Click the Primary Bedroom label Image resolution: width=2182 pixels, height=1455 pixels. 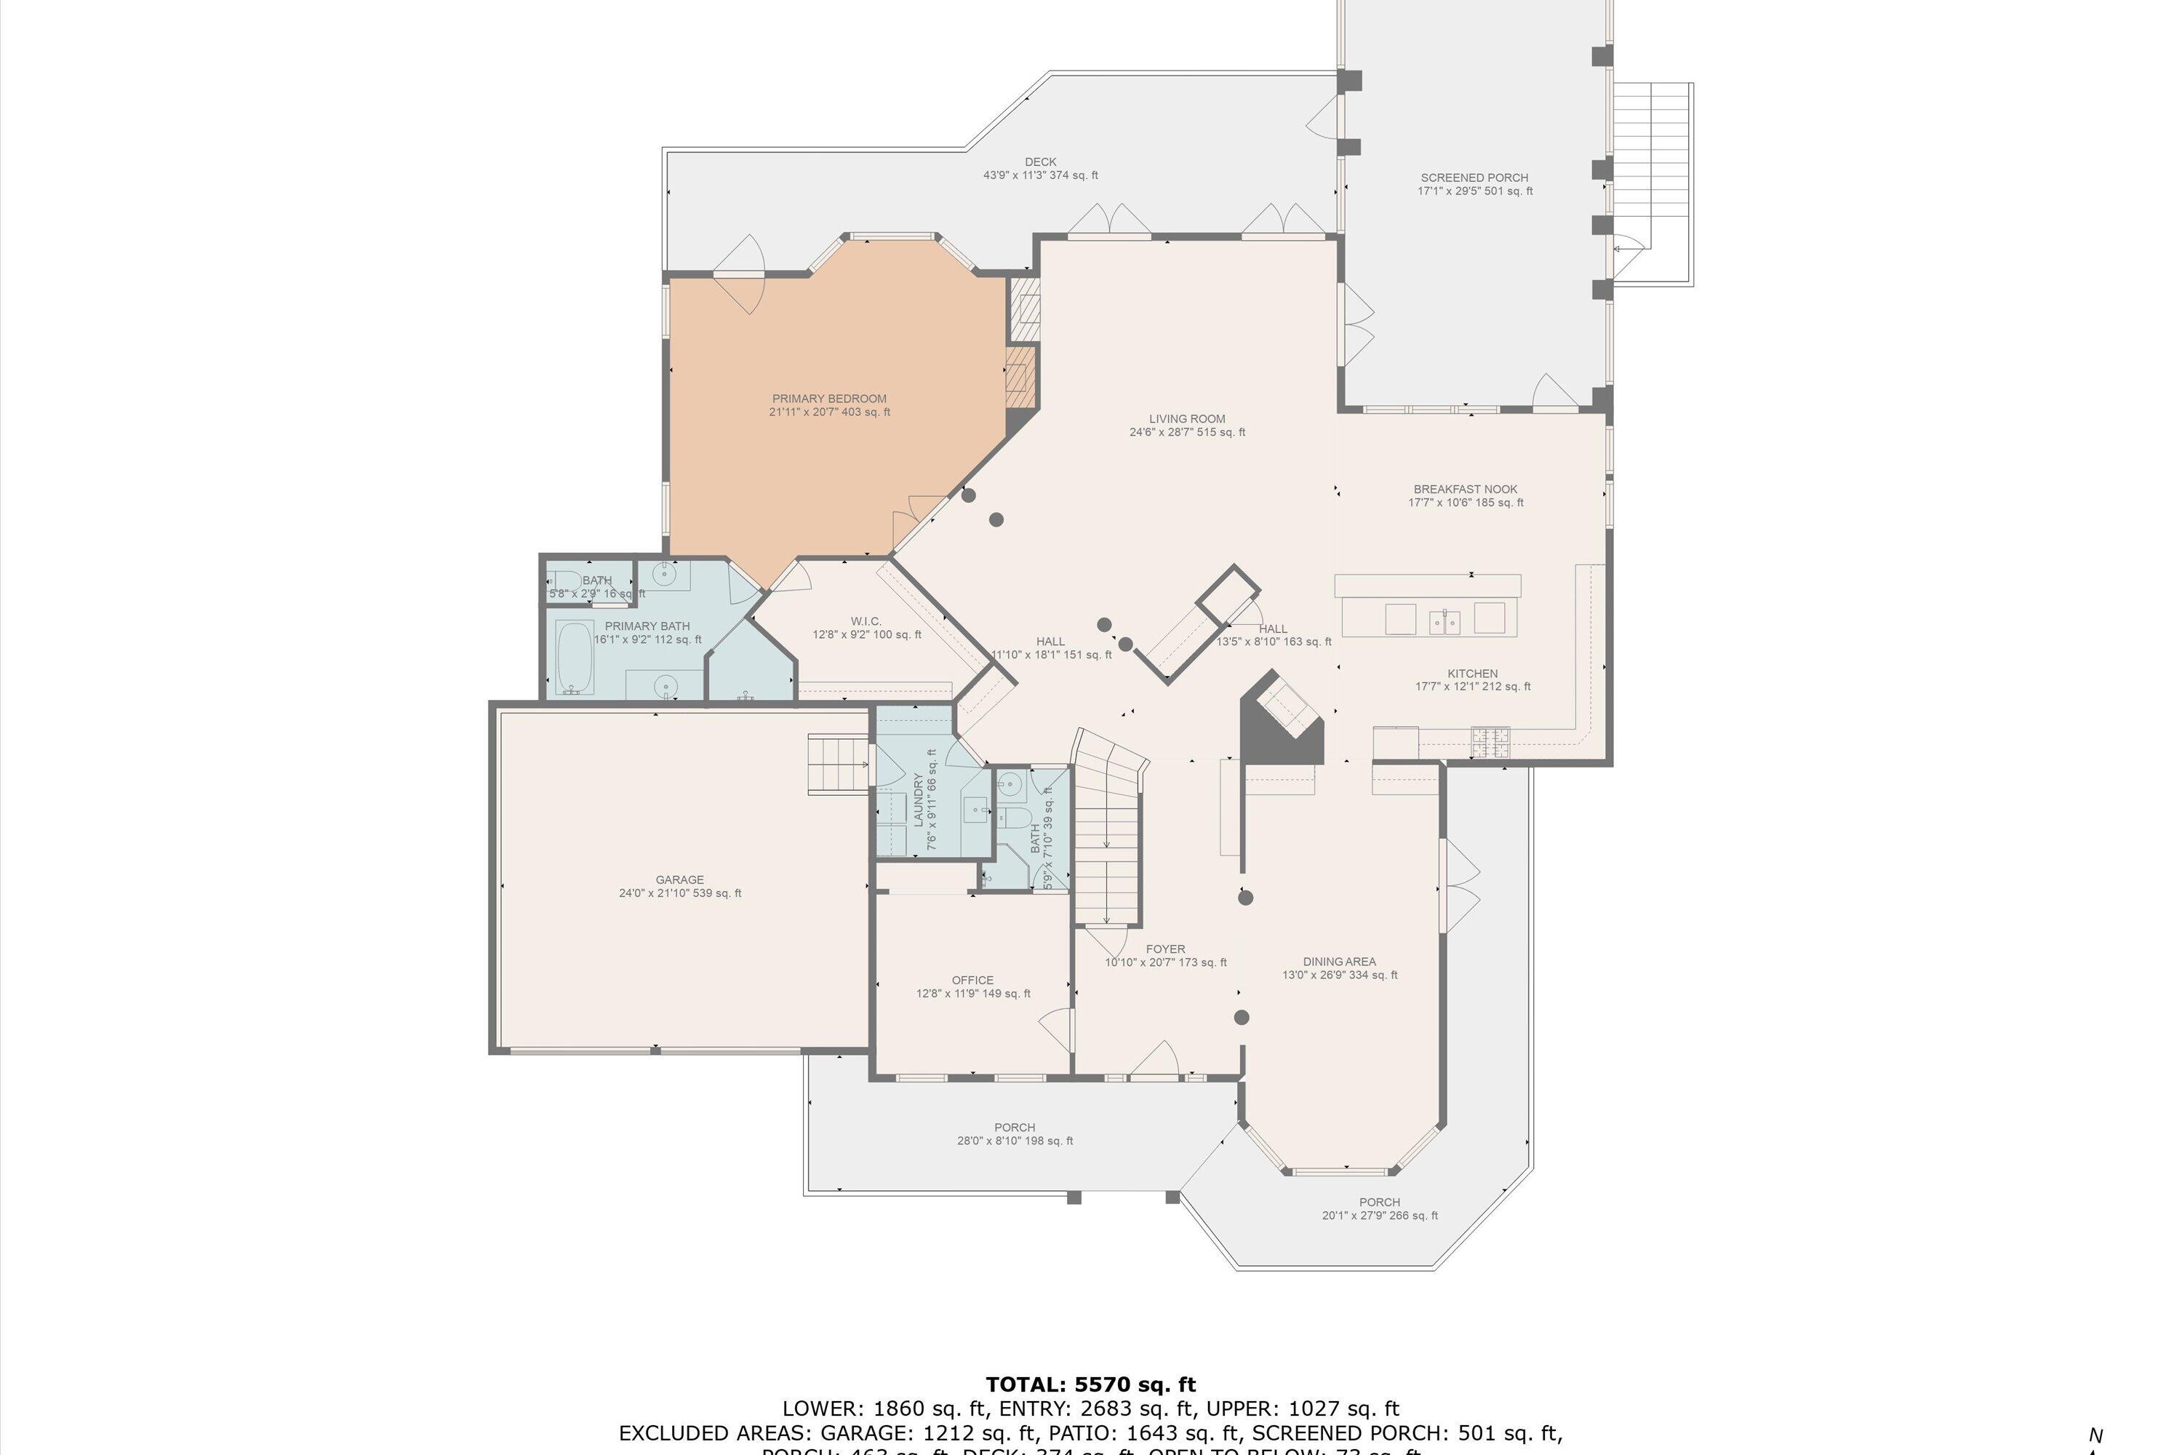pos(828,405)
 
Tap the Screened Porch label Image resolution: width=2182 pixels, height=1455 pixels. pos(1474,185)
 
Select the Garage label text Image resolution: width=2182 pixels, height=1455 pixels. pos(679,886)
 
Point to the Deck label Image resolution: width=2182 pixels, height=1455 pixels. pos(1040,168)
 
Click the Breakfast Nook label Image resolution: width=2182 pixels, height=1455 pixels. pos(1465,495)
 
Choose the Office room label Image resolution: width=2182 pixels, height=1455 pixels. pos(972,986)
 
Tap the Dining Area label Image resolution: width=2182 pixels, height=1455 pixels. pos(1339,968)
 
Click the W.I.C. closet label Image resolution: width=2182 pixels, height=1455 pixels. pos(866,627)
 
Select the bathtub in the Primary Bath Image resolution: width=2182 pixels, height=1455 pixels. pos(575,657)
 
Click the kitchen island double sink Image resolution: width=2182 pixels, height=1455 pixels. pos(1444,620)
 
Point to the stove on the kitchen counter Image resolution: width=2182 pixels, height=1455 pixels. pos(1489,740)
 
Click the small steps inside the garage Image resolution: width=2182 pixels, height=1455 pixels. pos(838,764)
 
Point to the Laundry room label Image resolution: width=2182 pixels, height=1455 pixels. pos(925,800)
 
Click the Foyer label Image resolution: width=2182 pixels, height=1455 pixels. pos(1164,954)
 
